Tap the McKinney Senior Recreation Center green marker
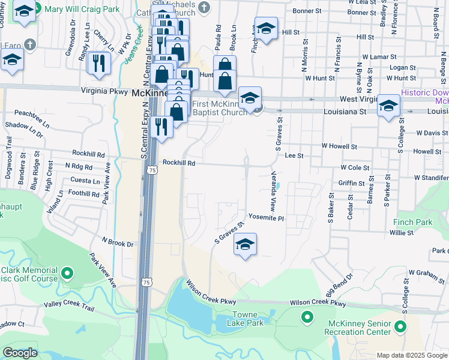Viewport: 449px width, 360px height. coord(400,328)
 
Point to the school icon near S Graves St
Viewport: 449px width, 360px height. coord(244,244)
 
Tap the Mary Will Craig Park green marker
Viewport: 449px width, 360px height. coord(37,9)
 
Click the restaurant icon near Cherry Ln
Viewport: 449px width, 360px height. coord(98,62)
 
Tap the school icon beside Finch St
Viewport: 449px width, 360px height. coord(266,28)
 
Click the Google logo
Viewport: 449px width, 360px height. coord(20,353)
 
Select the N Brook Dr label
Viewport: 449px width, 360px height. coord(117,242)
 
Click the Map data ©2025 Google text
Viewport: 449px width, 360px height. coord(412,355)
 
